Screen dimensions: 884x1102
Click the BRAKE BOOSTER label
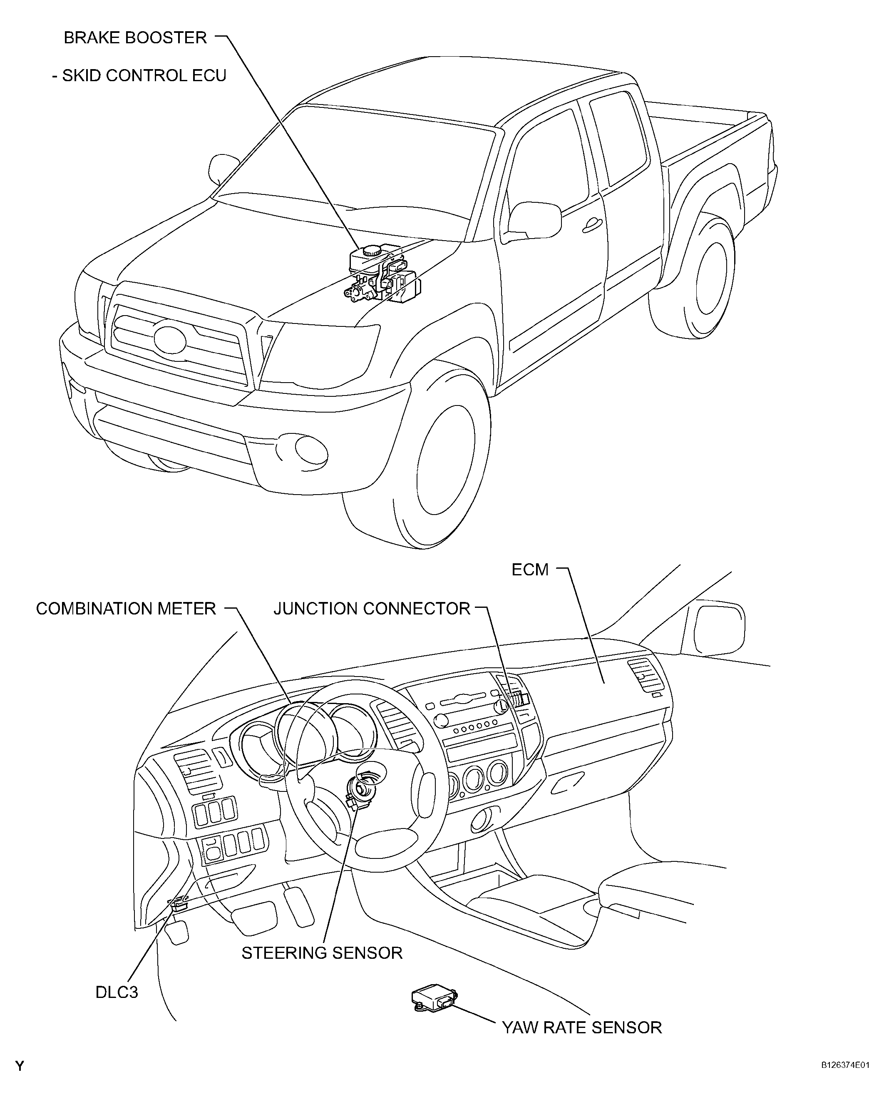tap(135, 38)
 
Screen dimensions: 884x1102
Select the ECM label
tap(530, 570)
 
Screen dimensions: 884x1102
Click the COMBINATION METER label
tap(126, 609)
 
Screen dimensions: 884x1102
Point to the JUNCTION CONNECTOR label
tap(372, 609)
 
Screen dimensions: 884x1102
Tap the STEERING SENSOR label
tap(322, 953)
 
